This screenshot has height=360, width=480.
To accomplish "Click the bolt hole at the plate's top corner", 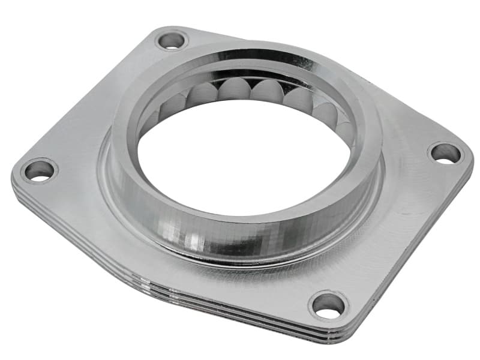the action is click(x=172, y=41).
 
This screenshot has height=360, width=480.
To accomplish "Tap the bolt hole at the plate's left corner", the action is click(x=39, y=170).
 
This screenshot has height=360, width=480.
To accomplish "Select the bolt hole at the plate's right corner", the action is click(x=446, y=153).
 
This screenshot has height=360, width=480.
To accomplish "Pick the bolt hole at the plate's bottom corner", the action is click(x=329, y=305).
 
